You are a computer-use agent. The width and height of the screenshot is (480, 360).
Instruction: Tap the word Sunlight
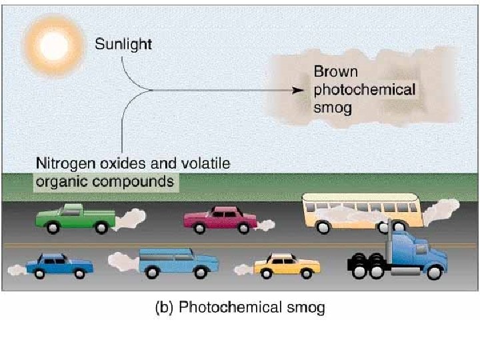click(x=123, y=45)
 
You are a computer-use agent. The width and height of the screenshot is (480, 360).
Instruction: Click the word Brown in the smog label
click(x=336, y=72)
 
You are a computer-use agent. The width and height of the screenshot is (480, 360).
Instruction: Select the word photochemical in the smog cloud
click(x=364, y=89)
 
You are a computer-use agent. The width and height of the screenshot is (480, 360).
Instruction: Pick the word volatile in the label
click(x=207, y=163)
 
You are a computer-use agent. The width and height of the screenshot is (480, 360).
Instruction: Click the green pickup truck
click(x=75, y=217)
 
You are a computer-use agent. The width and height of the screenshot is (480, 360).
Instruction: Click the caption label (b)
click(x=165, y=309)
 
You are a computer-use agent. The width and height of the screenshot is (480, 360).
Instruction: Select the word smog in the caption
click(x=305, y=309)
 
